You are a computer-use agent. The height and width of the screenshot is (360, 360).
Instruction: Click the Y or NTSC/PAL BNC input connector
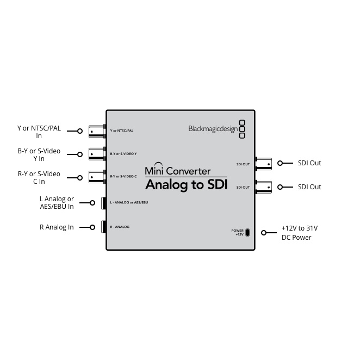[x=97, y=131]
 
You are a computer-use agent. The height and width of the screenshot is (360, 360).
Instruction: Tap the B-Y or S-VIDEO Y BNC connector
[x=97, y=154]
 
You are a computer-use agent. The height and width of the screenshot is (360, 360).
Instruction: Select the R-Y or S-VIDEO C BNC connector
[x=97, y=177]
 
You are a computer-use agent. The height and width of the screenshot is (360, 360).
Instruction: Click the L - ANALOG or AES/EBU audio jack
[x=103, y=203]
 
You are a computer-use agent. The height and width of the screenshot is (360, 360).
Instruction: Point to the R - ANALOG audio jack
[x=103, y=227]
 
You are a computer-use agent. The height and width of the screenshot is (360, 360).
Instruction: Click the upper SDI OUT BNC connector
[x=264, y=164]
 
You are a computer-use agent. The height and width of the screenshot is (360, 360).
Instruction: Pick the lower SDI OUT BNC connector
[x=264, y=187]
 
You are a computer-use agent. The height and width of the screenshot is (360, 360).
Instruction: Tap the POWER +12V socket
[x=247, y=233]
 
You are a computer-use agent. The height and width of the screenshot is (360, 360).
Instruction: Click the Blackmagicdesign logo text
[x=213, y=129]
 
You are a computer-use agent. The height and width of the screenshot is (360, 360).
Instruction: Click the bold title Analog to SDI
[x=186, y=185]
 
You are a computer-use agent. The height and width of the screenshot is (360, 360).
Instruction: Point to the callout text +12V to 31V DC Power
[x=300, y=233]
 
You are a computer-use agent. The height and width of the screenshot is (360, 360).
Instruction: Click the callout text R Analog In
[x=57, y=227]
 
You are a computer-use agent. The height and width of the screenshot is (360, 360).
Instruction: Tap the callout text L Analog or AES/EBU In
[x=57, y=202]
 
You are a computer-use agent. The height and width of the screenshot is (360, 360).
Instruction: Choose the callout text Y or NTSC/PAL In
[x=39, y=132]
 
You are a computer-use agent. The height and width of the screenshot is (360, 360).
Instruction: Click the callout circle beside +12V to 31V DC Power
[x=264, y=233]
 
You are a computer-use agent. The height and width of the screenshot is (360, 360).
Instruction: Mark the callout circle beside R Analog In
[x=92, y=227]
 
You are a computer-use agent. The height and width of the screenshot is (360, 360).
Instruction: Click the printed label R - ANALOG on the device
[x=120, y=227]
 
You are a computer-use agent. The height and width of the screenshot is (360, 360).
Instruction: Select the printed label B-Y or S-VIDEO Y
[x=123, y=154]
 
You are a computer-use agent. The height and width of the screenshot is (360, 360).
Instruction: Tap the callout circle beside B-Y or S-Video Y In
[x=80, y=154]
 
